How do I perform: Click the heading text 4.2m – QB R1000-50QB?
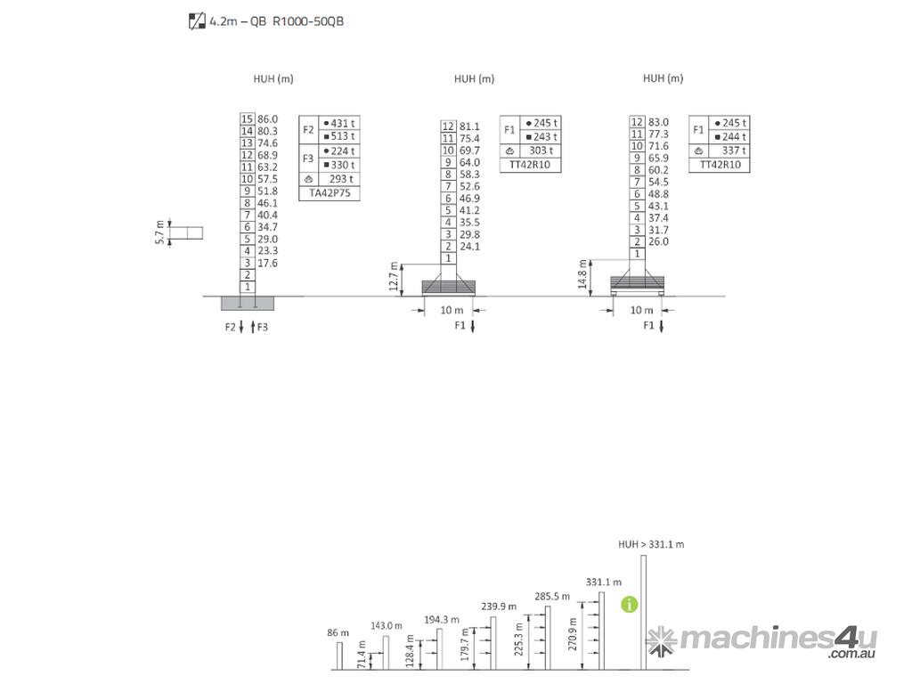(x=275, y=20)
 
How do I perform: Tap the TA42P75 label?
(x=330, y=191)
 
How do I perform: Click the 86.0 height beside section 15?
(x=268, y=118)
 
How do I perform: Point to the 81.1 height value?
(x=469, y=126)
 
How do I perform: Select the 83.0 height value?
(x=658, y=122)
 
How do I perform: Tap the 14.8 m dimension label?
(x=582, y=275)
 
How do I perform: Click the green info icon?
(x=630, y=605)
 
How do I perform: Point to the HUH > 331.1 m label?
(x=651, y=543)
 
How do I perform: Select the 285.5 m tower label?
(x=551, y=596)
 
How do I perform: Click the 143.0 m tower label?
(x=387, y=625)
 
